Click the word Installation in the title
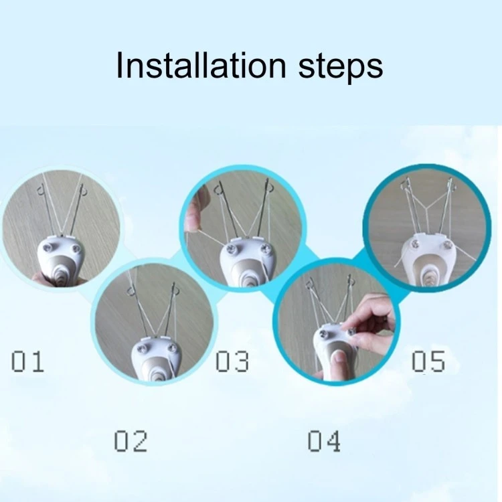tap(201, 65)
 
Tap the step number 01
tap(27, 361)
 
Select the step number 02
tap(131, 441)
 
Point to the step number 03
tap(232, 361)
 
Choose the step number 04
tap(324, 441)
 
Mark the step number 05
tap(428, 361)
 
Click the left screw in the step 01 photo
tap(48, 247)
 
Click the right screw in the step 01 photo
tap(76, 248)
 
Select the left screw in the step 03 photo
tap(231, 248)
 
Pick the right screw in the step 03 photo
tap(265, 248)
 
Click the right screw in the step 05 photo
tap(447, 246)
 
